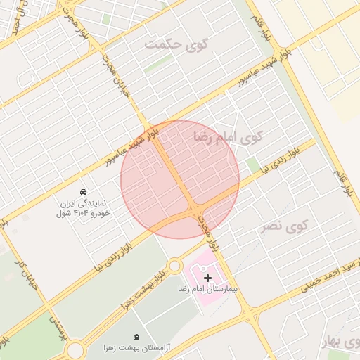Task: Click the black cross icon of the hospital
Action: [207, 278]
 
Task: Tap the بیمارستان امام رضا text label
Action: [207, 290]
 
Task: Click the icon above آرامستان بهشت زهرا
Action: [136, 337]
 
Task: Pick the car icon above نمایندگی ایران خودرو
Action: [83, 191]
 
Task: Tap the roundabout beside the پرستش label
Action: [74, 349]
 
